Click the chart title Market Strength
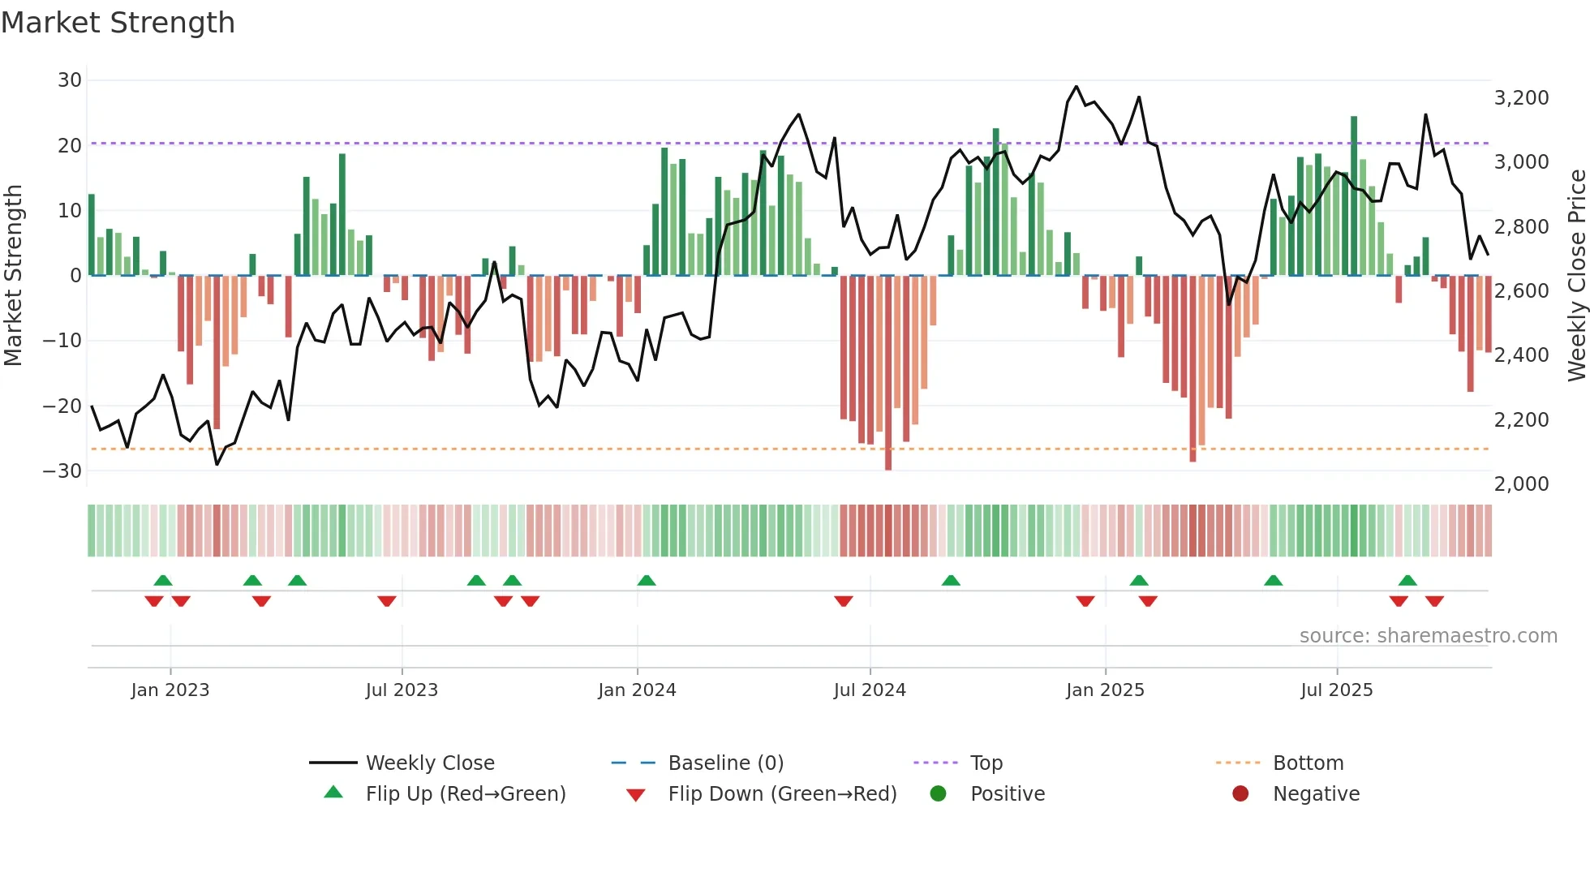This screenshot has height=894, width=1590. pos(118,23)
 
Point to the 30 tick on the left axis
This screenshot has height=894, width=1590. pos(70,80)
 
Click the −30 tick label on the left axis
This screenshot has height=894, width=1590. pos(62,471)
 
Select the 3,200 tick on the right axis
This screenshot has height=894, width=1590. pos(1521,98)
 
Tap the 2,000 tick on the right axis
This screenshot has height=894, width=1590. pos(1521,484)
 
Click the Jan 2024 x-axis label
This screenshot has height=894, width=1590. pos(637,690)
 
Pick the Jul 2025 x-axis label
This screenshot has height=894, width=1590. pos(1336,690)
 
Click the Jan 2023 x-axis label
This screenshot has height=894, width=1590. pos(170,690)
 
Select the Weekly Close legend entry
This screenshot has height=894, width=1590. pos(429,763)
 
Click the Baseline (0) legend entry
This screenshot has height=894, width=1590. pos(725,763)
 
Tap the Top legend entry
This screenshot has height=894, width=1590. pos(986,763)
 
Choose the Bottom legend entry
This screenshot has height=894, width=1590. pos(1308,763)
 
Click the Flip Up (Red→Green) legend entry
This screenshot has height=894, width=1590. pos(465,794)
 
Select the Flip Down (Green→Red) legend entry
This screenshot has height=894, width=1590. pos(782,794)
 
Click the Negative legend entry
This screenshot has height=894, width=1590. pos(1315,794)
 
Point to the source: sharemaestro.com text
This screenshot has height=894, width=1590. pos(1428,636)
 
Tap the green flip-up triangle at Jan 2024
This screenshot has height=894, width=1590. pos(647,581)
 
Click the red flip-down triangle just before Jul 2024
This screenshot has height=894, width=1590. pos(844,601)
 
